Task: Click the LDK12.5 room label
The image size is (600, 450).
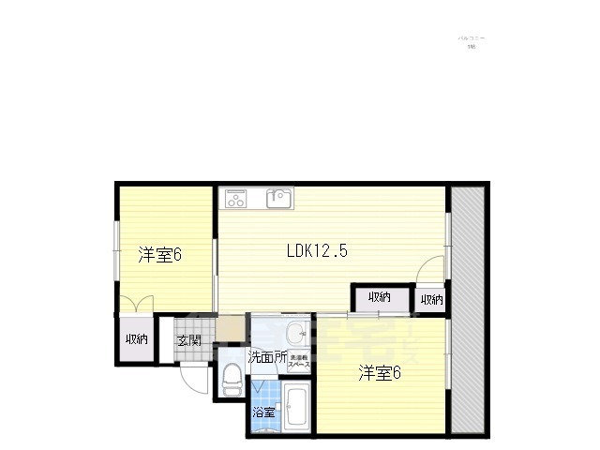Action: point(317,250)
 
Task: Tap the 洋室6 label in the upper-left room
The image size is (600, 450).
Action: point(159,255)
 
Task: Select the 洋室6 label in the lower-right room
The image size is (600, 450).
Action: point(380,373)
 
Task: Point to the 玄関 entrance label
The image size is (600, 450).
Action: point(189,340)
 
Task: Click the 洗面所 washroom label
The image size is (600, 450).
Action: point(267,357)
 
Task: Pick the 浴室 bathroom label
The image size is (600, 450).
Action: point(263,412)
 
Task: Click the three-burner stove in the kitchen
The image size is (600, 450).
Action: point(234,198)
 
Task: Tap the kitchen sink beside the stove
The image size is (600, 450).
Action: point(279,198)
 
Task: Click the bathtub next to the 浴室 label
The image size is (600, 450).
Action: point(296,408)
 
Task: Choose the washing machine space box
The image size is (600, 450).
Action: point(298,361)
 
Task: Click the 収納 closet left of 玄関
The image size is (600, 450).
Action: point(137,339)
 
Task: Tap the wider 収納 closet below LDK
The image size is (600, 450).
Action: point(380,298)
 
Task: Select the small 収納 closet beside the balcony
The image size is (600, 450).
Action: point(431,299)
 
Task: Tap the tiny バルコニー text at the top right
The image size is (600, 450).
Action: point(471,38)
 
